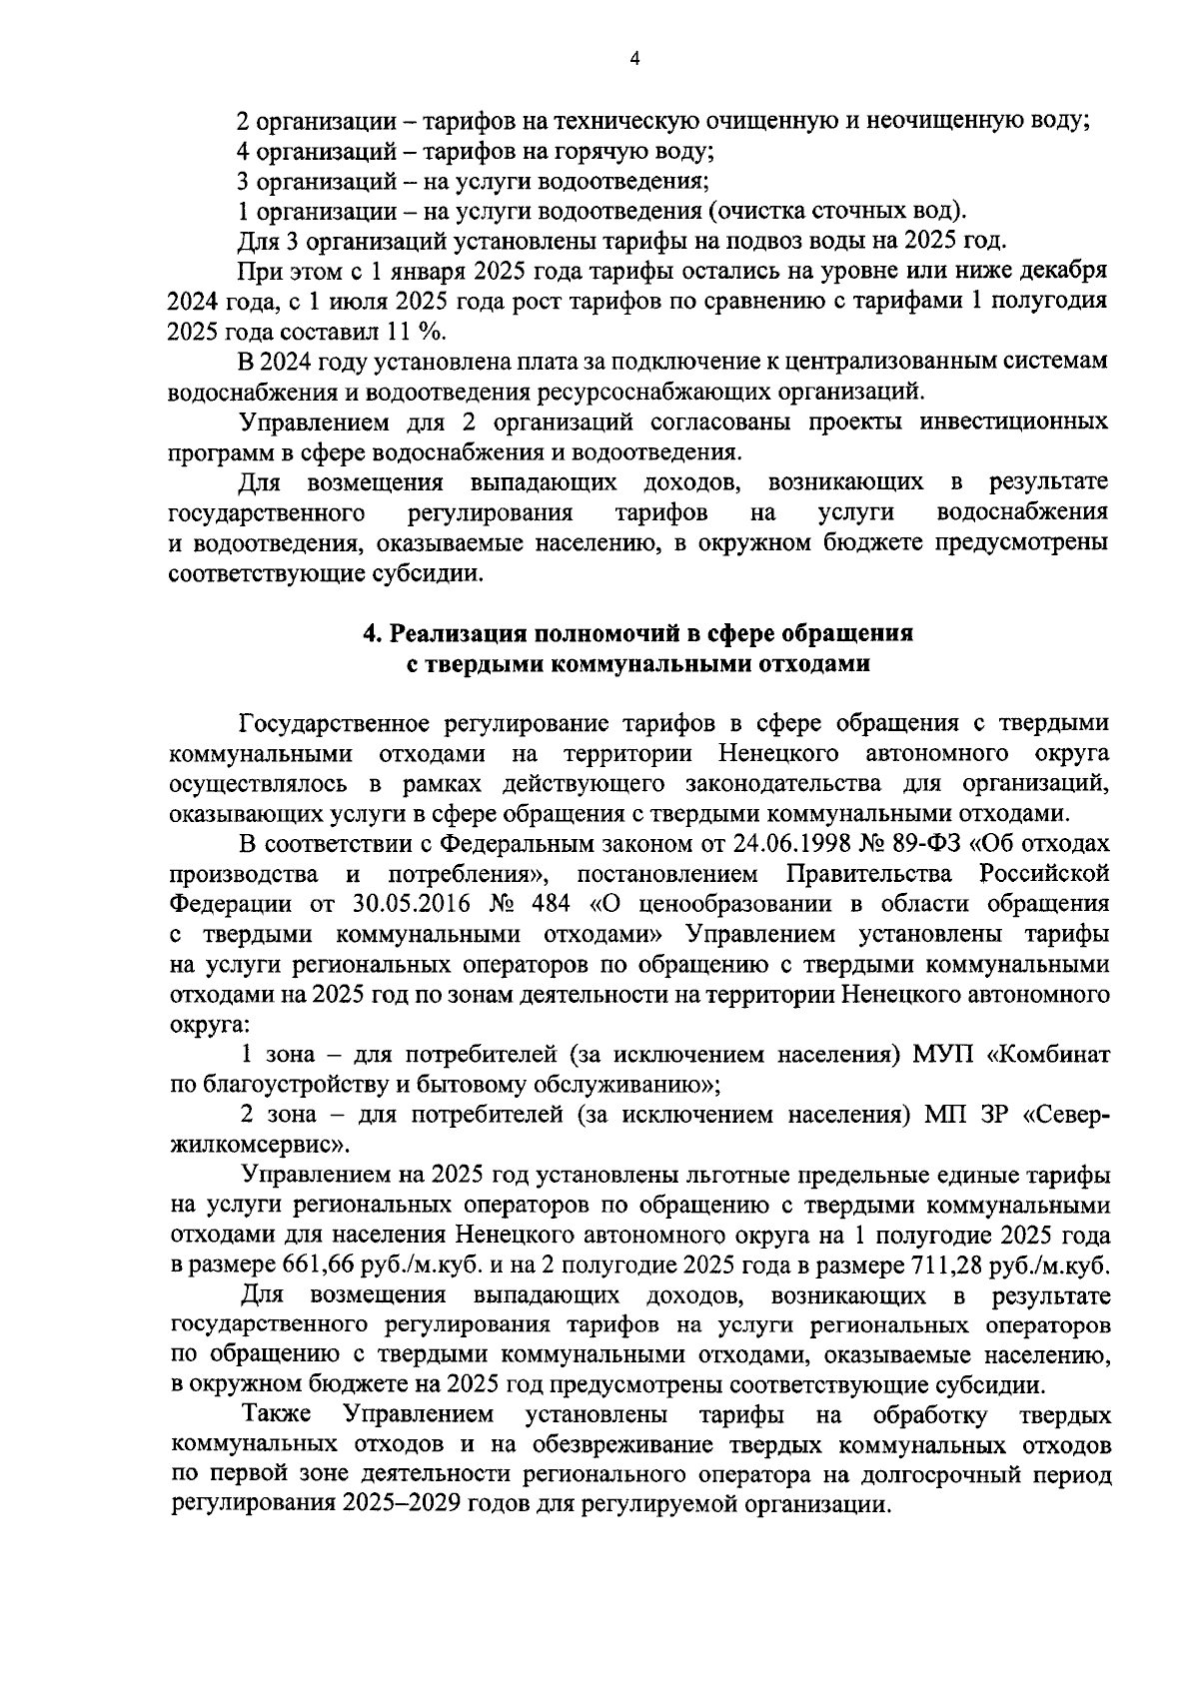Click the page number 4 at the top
point(635,59)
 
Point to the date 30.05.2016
point(408,905)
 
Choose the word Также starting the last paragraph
point(277,1414)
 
